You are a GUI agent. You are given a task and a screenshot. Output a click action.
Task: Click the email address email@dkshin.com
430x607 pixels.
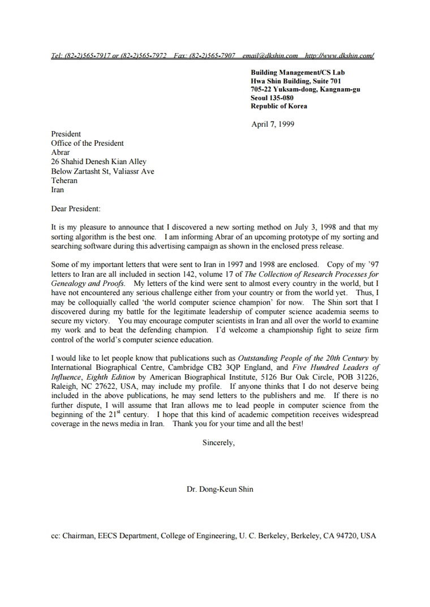pos(270,56)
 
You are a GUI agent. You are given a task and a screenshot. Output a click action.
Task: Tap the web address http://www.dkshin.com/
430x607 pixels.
pos(339,56)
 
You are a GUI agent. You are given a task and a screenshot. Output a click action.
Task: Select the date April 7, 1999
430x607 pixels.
pos(273,124)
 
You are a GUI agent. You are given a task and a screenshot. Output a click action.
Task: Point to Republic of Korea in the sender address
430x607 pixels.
pos(279,106)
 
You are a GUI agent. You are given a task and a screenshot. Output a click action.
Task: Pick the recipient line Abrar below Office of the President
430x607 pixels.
pos(61,153)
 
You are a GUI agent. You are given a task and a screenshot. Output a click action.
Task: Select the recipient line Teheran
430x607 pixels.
pos(64,181)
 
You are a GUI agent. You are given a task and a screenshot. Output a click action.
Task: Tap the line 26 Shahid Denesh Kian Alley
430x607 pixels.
pos(98,162)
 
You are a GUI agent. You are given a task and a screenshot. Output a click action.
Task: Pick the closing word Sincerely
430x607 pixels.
pos(218,443)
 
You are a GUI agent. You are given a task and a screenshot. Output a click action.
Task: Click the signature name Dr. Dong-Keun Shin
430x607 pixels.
pos(220,489)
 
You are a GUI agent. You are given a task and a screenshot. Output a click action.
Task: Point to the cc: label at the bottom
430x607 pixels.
pos(55,536)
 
